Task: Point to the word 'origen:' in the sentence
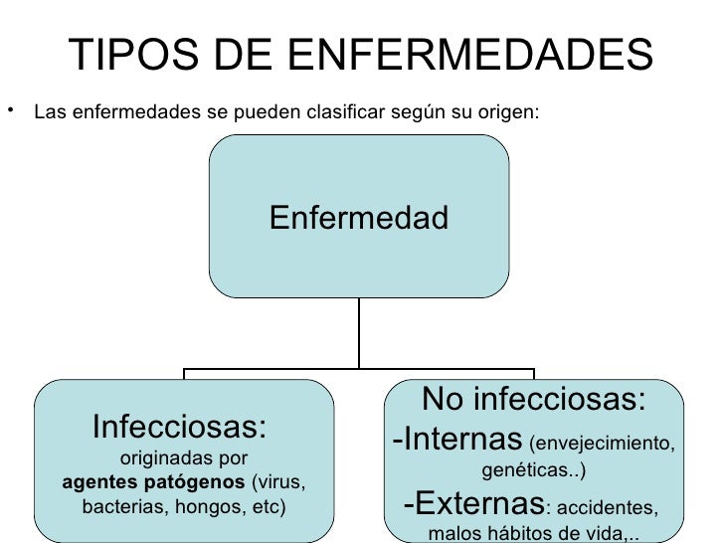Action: (x=513, y=111)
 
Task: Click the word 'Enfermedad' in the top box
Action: (x=358, y=217)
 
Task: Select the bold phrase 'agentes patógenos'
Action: (x=154, y=483)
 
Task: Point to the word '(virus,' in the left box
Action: (x=280, y=483)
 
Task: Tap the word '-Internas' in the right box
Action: (x=457, y=438)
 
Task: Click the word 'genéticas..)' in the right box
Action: (x=534, y=467)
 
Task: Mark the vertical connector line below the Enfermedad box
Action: (x=359, y=333)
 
